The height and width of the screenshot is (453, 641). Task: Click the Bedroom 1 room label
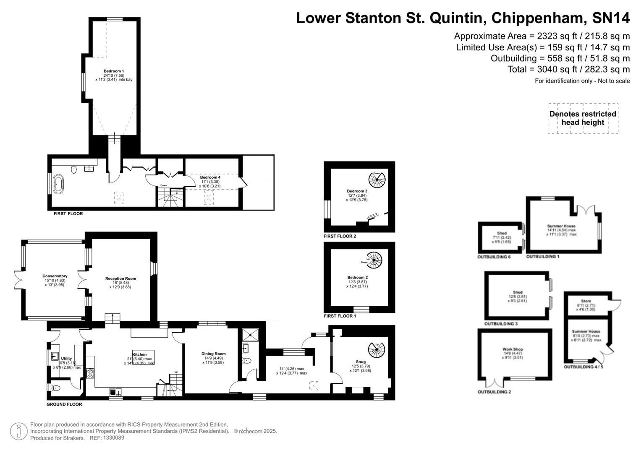[114, 71]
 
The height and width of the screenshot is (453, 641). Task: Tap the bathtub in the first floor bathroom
[56, 184]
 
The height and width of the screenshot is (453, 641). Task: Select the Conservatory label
[55, 276]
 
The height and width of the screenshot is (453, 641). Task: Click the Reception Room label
[120, 279]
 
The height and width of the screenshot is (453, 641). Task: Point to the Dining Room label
[213, 354]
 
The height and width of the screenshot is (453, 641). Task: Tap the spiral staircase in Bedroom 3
[377, 180]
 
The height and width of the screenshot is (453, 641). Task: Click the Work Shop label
[513, 349]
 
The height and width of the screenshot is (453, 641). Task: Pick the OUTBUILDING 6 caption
[494, 257]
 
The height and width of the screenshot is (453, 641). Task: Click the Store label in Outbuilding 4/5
[586, 301]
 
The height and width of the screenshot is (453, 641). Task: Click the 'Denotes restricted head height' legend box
[583, 118]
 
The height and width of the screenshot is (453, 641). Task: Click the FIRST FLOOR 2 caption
[340, 236]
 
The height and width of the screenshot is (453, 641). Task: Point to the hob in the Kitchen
[90, 373]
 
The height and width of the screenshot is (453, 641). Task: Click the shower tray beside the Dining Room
[251, 335]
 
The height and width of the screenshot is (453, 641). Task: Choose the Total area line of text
[568, 69]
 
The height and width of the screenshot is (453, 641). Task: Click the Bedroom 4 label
[210, 177]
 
